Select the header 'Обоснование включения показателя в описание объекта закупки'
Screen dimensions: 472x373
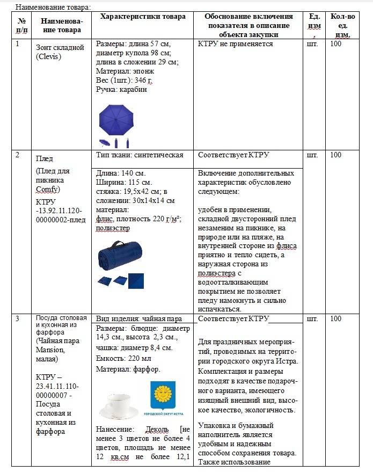point(247,25)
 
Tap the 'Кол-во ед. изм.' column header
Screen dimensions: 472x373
point(342,25)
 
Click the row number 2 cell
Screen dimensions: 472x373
point(18,155)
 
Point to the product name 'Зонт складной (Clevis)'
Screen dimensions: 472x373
point(60,52)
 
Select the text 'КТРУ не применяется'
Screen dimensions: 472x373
point(235,44)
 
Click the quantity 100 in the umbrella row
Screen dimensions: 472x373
point(335,44)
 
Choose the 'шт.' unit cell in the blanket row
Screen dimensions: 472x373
point(312,155)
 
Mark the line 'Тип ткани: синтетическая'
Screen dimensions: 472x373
point(140,155)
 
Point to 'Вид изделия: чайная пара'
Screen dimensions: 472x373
point(139,319)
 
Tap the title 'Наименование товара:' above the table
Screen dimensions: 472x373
point(53,7)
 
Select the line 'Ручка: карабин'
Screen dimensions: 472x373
point(121,90)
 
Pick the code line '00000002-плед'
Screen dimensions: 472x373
point(60,220)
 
